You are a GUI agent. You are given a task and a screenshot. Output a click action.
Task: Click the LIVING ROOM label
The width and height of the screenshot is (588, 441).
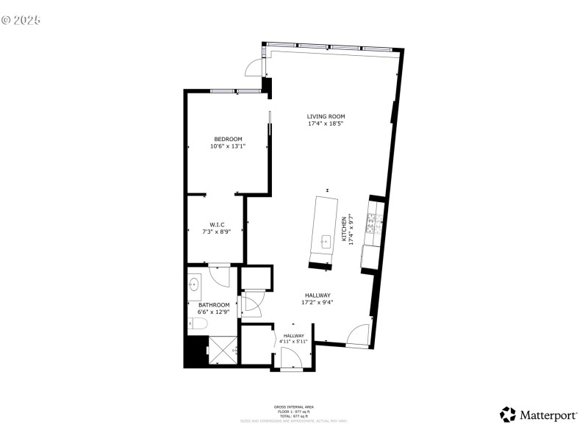(x=326, y=116)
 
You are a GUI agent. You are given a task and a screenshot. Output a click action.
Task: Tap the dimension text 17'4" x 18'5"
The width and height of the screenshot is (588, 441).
(x=326, y=123)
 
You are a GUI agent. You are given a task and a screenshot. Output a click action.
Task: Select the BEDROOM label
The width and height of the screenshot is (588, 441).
(x=228, y=139)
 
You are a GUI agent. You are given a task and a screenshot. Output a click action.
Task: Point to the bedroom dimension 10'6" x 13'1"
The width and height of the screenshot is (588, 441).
(x=228, y=146)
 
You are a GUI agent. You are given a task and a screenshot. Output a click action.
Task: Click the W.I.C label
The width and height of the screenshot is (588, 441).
(x=217, y=224)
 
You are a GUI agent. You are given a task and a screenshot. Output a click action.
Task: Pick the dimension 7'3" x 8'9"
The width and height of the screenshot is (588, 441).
(x=217, y=232)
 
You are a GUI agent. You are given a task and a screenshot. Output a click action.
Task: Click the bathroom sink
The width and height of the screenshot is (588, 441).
(x=196, y=284)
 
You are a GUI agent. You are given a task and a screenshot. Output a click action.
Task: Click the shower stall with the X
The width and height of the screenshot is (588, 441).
(x=223, y=350)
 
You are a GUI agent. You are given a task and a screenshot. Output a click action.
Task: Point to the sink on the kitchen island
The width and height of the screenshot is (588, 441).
(x=326, y=240)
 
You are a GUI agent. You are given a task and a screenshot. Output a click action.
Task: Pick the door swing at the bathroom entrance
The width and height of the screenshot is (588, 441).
(x=220, y=276)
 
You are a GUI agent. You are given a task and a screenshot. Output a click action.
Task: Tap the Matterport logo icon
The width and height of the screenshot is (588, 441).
(x=508, y=415)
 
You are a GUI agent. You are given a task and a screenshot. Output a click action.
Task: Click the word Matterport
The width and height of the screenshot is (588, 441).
(x=548, y=415)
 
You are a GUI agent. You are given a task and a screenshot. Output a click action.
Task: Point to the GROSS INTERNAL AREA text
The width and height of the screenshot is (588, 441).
(x=294, y=406)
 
